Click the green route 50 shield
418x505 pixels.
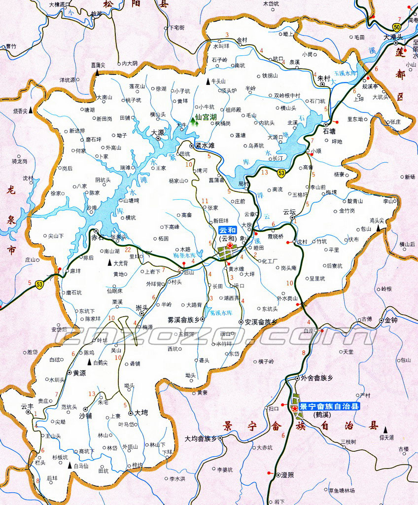pyautogui.click(x=397, y=27)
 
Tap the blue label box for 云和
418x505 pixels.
pyautogui.click(x=228, y=230)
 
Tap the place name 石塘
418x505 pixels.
pyautogui.click(x=329, y=132)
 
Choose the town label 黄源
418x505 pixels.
pyautogui.click(x=79, y=373)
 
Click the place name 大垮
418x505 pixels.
pyautogui.click(x=141, y=412)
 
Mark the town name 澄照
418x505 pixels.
pyautogui.click(x=287, y=474)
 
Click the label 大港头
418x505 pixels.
pyautogui.click(x=393, y=37)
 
